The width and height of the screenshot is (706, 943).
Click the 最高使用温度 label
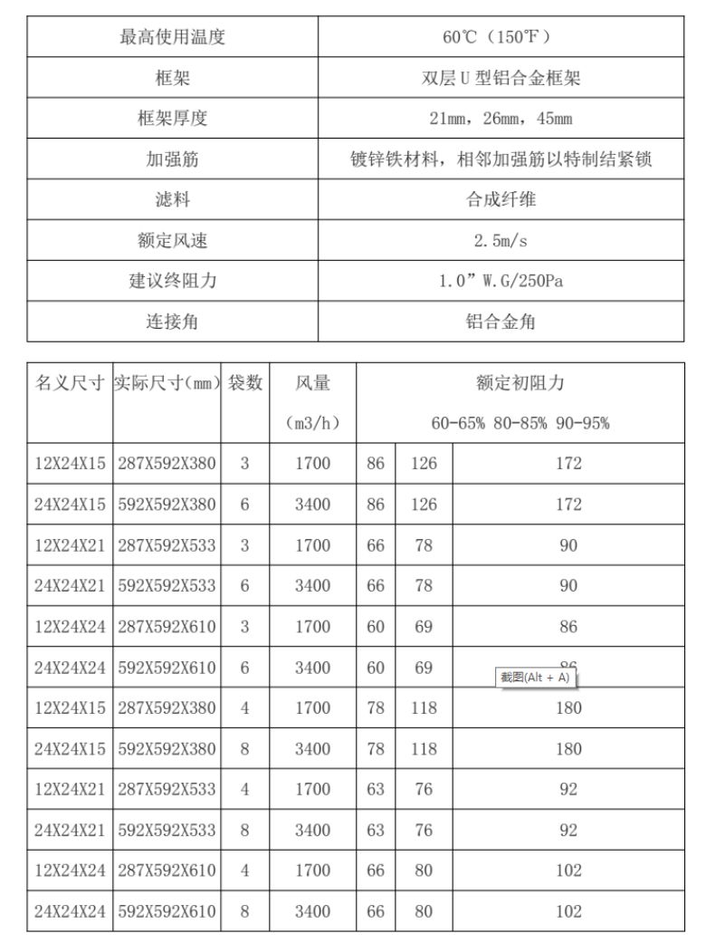click(172, 37)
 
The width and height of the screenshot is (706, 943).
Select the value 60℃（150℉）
click(505, 37)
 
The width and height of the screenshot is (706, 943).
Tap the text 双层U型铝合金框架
click(505, 78)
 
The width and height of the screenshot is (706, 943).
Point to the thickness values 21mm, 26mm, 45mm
click(505, 119)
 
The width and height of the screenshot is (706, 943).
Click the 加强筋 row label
click(172, 159)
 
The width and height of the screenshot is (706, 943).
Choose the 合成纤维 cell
click(505, 200)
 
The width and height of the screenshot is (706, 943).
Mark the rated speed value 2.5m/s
click(505, 241)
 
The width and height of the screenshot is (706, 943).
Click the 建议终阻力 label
click(172, 282)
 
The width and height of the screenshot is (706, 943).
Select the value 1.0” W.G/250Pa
click(505, 282)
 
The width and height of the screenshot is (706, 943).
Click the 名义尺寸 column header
click(70, 383)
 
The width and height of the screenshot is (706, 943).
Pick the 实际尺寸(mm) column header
click(167, 383)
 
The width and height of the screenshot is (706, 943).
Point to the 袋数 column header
click(244, 383)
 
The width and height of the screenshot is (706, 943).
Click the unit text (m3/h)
click(312, 423)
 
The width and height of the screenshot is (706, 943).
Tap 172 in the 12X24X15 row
click(568, 465)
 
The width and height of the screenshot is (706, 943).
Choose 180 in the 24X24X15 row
click(568, 748)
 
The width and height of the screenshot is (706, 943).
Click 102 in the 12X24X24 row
click(568, 871)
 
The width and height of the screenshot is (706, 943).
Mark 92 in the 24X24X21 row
click(568, 830)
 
